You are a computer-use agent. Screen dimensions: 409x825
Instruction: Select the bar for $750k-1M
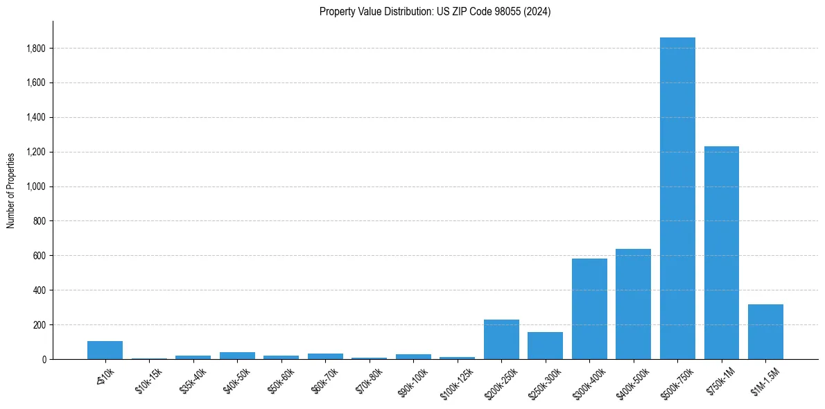coord(721,252)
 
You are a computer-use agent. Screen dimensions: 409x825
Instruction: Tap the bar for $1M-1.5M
coord(765,332)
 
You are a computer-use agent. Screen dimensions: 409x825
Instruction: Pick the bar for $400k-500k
coord(633,304)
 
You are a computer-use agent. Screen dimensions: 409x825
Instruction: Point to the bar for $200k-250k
coord(501,339)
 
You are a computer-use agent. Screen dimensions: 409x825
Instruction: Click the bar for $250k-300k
coord(545,345)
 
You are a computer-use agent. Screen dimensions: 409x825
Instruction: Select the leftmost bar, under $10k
coord(105,350)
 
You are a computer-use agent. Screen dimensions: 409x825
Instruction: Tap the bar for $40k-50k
coord(237,356)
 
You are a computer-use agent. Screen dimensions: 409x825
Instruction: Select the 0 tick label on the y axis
coord(44,359)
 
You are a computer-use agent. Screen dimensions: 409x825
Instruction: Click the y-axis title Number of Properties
coord(10,190)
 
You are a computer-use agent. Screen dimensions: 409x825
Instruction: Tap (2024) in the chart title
coord(538,12)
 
